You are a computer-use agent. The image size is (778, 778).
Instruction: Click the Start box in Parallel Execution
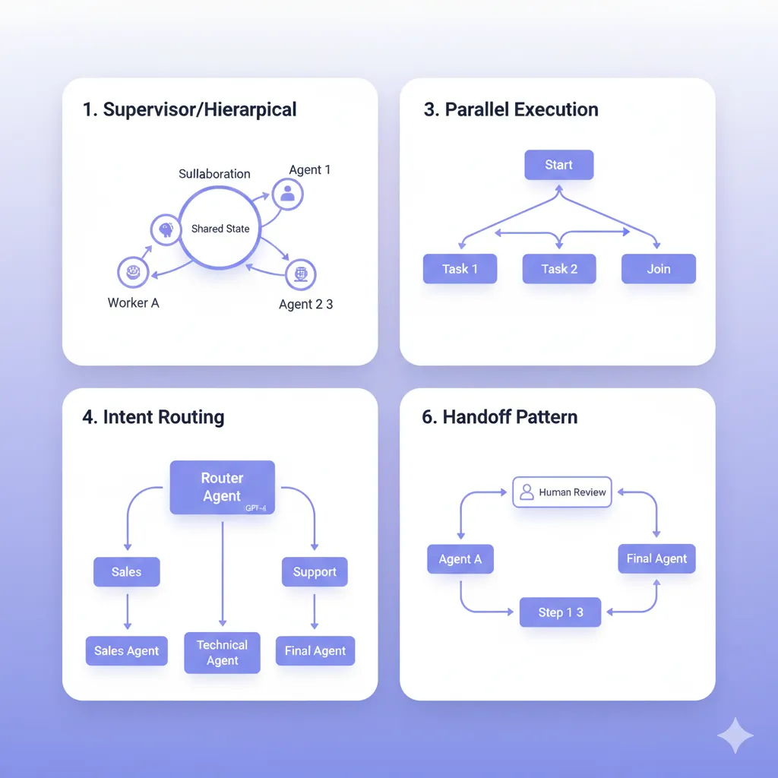[558, 165]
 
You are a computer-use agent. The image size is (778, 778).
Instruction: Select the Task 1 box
[460, 269]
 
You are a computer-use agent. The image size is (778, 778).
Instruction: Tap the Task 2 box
[559, 269]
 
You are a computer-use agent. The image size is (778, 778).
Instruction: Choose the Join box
[658, 269]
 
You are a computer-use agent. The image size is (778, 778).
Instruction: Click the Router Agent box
[222, 487]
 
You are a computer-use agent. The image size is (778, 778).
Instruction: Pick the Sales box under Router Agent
[126, 572]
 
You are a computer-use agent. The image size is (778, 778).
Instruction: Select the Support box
[315, 572]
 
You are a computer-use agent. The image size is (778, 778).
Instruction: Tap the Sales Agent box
[126, 651]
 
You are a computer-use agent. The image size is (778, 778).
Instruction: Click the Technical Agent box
[222, 653]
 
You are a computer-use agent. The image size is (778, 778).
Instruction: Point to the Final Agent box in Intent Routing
[315, 651]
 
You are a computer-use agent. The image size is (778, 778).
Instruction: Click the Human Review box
[562, 492]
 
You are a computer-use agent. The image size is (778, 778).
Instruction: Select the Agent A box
[460, 559]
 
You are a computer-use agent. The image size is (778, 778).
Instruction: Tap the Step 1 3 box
[560, 612]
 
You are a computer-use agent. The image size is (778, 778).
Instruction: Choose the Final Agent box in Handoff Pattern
[656, 558]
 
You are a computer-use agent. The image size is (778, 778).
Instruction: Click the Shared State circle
[220, 229]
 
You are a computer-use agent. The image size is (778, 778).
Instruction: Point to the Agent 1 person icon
[287, 194]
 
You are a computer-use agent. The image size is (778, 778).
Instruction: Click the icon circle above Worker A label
[133, 271]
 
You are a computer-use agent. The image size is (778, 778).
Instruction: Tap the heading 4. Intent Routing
[153, 417]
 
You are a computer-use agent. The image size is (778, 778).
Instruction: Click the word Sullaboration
[214, 174]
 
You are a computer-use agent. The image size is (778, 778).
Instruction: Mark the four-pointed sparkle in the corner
[735, 734]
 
